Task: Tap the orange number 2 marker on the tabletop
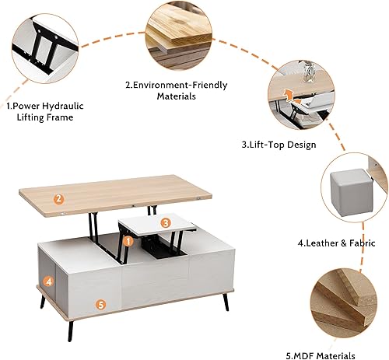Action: pos(59,198)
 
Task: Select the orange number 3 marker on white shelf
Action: pos(165,222)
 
